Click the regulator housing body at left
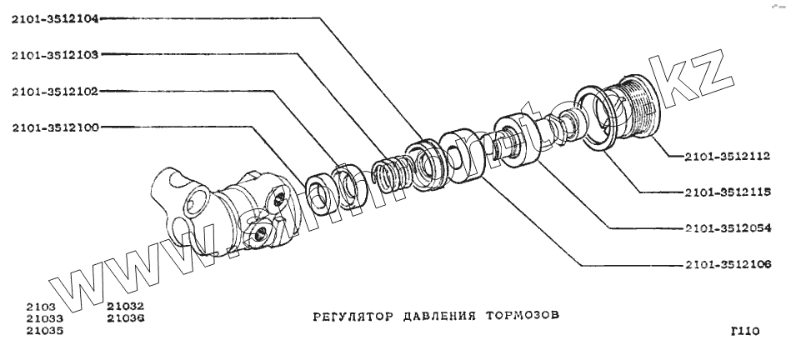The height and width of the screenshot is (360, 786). coord(225,212)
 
